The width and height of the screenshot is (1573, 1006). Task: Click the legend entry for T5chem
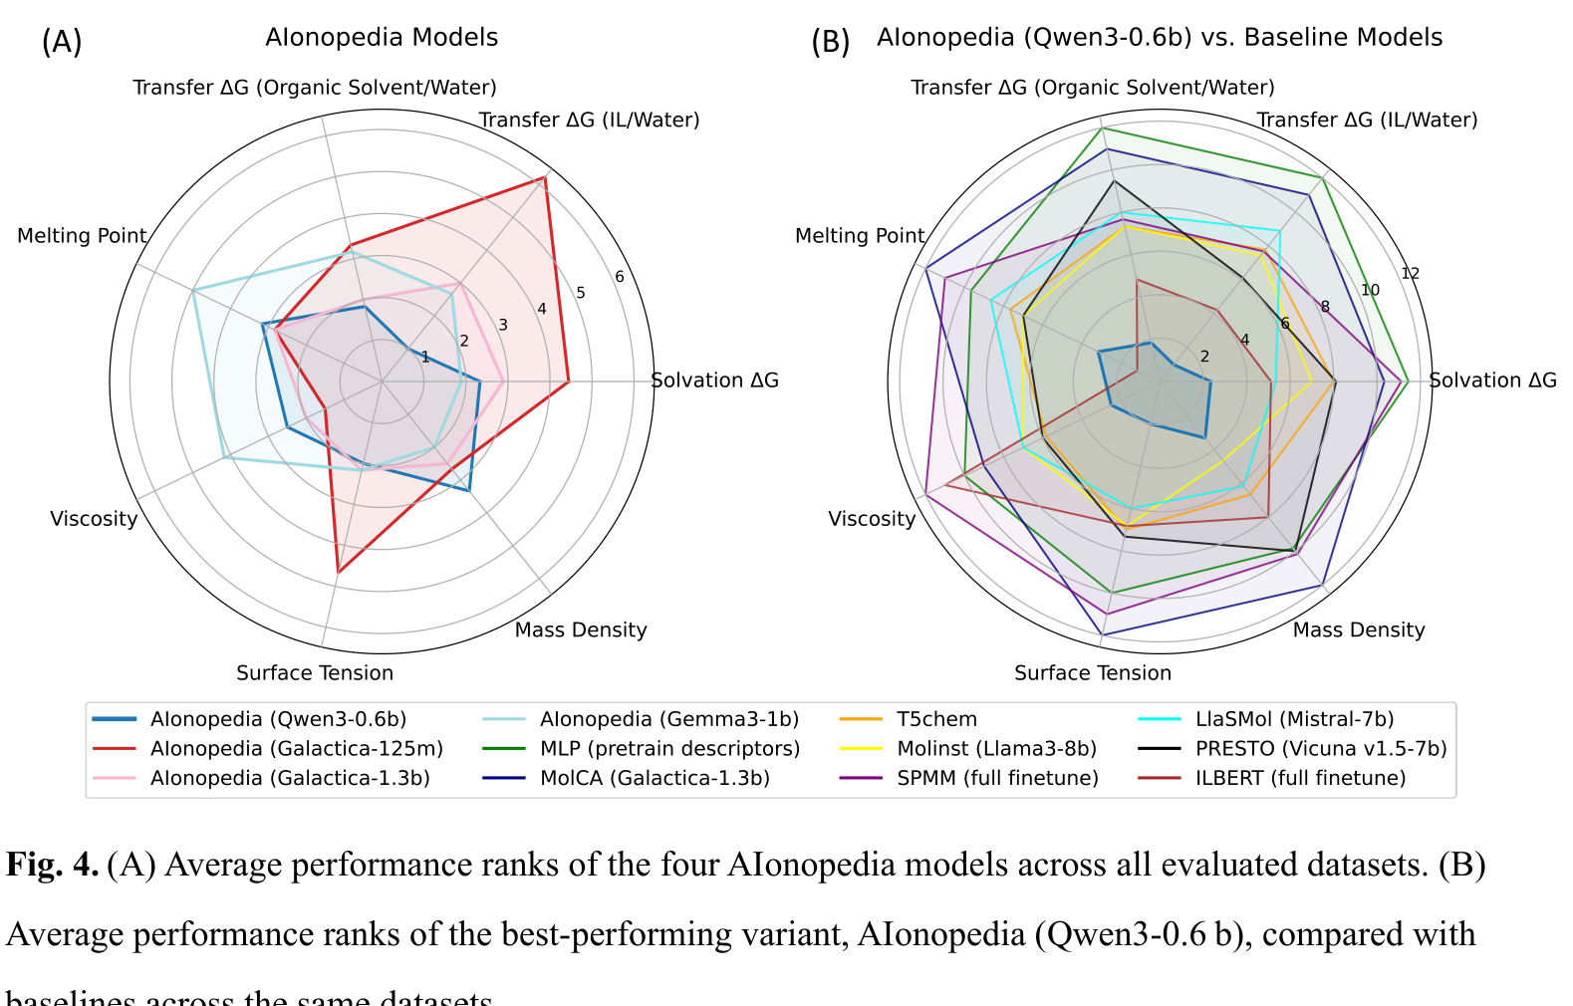936,719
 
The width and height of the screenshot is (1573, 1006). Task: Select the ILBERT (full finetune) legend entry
1300,778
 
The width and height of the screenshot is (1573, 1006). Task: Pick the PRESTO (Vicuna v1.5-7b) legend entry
1321,748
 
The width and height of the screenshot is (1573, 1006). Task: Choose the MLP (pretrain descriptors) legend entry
669,748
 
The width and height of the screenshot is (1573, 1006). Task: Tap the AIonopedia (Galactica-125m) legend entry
296,748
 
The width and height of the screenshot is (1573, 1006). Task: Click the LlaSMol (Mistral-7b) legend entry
1294,719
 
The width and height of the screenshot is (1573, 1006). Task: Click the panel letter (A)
62,42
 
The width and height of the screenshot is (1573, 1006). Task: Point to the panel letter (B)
830,42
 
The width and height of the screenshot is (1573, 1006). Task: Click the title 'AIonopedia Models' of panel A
382,38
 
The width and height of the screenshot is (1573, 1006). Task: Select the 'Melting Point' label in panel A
82,236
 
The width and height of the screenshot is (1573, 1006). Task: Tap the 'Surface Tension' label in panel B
1092,673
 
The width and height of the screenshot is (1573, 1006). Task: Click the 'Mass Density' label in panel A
580,630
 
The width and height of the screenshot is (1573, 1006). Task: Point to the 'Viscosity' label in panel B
872,519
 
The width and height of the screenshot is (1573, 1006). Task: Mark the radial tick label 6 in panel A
620,277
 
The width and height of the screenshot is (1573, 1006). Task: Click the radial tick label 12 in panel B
1410,274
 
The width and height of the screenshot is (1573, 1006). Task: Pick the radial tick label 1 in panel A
425,357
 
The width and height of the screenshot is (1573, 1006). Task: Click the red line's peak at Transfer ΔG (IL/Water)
544,178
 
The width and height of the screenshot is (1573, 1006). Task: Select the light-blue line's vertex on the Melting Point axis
193,290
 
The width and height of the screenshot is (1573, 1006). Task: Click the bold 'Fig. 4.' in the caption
52,865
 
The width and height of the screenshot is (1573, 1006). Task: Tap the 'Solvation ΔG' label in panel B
1492,380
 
